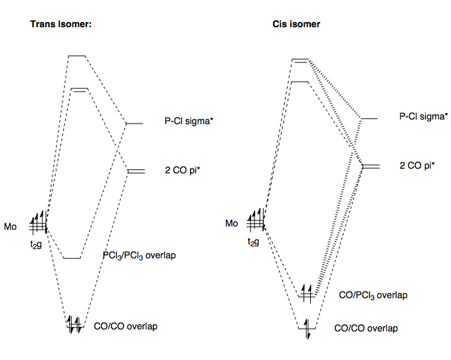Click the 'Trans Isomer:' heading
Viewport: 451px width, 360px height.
[60, 24]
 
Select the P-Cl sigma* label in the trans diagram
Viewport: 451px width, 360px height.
[183, 121]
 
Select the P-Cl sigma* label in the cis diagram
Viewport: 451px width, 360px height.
[421, 116]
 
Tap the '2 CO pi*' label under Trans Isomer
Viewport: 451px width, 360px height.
[182, 170]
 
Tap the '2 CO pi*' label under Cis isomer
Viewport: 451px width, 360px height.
[417, 165]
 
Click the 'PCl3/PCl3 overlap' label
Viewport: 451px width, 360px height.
[139, 256]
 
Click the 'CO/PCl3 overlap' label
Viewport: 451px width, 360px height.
[373, 295]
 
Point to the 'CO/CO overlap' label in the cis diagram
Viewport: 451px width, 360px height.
[365, 328]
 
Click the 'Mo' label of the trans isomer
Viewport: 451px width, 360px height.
[10, 227]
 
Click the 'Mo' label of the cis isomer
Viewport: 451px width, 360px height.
[231, 223]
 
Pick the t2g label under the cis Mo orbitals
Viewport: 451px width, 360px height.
[254, 242]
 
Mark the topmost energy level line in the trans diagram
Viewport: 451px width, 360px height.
[77, 56]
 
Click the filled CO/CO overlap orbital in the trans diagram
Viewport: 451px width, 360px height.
[74, 325]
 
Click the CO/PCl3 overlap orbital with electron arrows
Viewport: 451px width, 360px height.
[307, 294]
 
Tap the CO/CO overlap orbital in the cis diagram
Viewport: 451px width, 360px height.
[307, 327]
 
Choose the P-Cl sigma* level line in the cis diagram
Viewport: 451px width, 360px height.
[369, 118]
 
